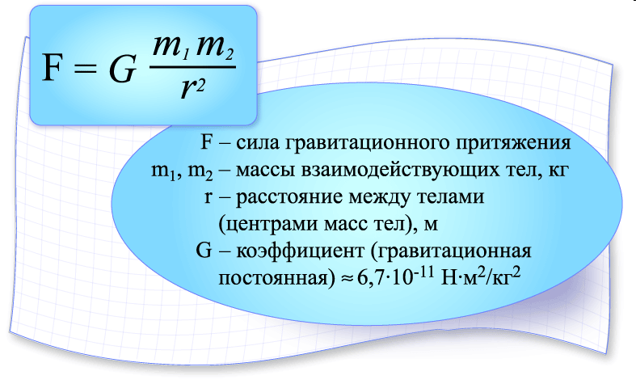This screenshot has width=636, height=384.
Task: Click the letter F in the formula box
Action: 53,68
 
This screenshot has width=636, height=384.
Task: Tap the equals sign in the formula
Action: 85,69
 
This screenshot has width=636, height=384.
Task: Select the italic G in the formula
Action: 122,68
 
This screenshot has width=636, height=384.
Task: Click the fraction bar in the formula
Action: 192,66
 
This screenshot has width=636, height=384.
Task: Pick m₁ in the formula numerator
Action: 171,48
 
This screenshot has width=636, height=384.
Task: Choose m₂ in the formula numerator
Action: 215,48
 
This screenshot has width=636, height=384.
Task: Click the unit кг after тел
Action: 558,171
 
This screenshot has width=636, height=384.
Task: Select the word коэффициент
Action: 300,251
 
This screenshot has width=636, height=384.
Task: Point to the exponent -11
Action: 424,271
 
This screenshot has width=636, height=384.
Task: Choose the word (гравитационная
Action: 451,251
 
